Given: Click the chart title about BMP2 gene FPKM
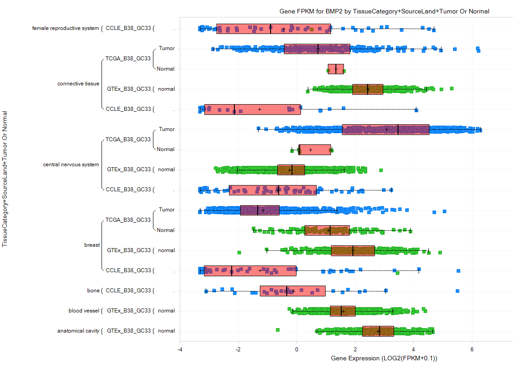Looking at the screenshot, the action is pos(384,12).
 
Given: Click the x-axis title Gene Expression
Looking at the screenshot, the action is pos(384,358).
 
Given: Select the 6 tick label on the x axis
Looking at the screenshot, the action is pos(472,349).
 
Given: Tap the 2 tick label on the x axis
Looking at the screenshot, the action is pos(355,349).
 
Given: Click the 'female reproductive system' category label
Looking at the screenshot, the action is pos(65,28).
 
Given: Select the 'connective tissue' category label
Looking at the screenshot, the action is pos(78,84).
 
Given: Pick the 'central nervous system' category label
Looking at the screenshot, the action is pos(71,165).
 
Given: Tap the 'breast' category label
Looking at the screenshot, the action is pos(92,245).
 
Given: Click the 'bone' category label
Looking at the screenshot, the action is pos(93,291).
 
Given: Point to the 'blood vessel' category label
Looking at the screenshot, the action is pos(84,311).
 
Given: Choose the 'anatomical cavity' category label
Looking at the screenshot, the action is pos(78,331).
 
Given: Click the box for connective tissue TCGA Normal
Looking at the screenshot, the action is pos(336,69).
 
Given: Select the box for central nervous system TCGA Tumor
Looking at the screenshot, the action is pos(386,130).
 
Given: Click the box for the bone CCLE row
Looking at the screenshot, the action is pos(293,291).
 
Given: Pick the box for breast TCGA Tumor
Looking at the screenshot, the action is pos(260,210).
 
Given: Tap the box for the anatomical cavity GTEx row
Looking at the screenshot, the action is pos(378,331).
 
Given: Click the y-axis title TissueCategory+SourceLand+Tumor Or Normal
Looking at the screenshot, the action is pos(4,179).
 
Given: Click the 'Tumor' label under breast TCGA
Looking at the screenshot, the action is pos(166,210).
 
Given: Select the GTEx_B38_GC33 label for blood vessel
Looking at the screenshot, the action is pos(129,311).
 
